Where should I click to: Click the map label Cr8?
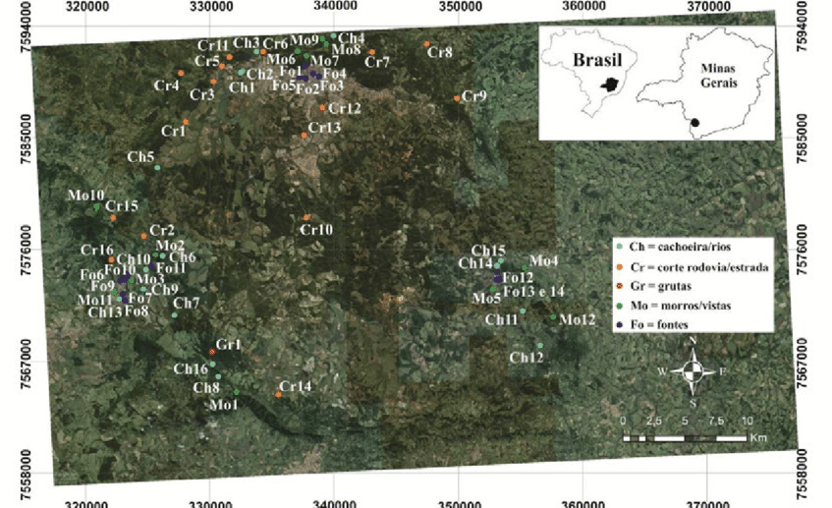(x=440, y=52)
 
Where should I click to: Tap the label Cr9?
(x=474, y=95)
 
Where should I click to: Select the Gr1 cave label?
(x=228, y=345)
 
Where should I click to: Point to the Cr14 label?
(x=296, y=386)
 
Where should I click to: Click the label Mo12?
(x=578, y=319)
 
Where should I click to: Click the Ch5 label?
(x=141, y=157)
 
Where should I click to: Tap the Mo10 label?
(x=84, y=196)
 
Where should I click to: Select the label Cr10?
(x=316, y=229)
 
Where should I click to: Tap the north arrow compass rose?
(x=693, y=371)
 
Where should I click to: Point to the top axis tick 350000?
(x=459, y=7)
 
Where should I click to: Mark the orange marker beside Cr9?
(x=458, y=98)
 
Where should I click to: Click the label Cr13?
(x=324, y=128)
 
